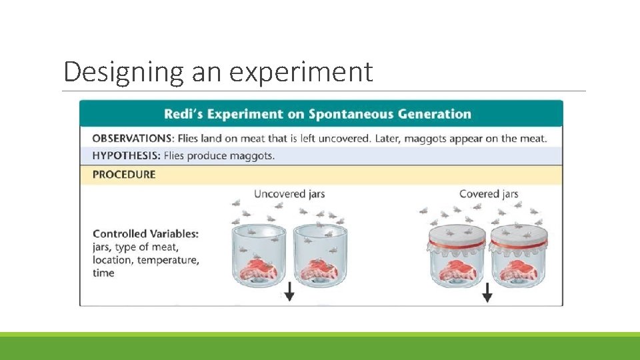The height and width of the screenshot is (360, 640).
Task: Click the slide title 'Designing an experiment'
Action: coord(218,72)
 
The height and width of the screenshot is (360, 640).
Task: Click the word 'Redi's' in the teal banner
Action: coord(183,114)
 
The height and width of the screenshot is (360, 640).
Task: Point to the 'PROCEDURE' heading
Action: coord(124,175)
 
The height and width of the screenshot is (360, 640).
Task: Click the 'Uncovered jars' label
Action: coord(289,194)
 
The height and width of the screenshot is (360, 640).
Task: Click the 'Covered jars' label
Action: coord(489,194)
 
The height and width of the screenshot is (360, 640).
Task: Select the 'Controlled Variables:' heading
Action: coord(145,234)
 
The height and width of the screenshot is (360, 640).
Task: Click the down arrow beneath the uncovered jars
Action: coord(289,292)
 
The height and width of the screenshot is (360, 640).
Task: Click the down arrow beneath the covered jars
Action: coord(487,292)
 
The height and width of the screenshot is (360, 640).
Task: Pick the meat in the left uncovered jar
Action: coord(257,268)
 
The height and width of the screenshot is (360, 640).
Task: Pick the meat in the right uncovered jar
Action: coord(320,268)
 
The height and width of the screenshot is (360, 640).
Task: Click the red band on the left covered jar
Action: coord(456,244)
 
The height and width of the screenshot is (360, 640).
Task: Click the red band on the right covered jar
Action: coord(519,244)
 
